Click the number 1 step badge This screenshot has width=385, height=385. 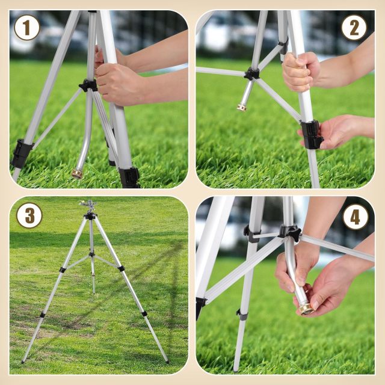26,28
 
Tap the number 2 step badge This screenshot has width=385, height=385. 354,28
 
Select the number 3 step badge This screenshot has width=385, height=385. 29,215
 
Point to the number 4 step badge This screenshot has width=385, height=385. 356,217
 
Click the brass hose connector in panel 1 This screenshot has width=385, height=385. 78,174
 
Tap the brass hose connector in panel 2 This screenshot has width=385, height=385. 242,107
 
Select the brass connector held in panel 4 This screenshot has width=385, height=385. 307,309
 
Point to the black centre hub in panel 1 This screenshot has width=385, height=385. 88,85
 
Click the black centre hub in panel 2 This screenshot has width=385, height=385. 251,73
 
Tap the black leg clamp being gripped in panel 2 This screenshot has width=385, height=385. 312,135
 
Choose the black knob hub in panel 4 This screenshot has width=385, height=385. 290,232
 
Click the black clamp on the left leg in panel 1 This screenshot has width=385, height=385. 22,153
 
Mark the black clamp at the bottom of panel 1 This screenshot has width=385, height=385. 129,177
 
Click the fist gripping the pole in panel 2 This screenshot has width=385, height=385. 301,72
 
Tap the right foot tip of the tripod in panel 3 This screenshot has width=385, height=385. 167,362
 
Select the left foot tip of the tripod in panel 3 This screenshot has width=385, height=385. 23,362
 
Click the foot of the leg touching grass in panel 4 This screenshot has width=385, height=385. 235,370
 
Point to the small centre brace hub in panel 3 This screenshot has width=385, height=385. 91,254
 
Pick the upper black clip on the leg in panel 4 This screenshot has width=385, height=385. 251,234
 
